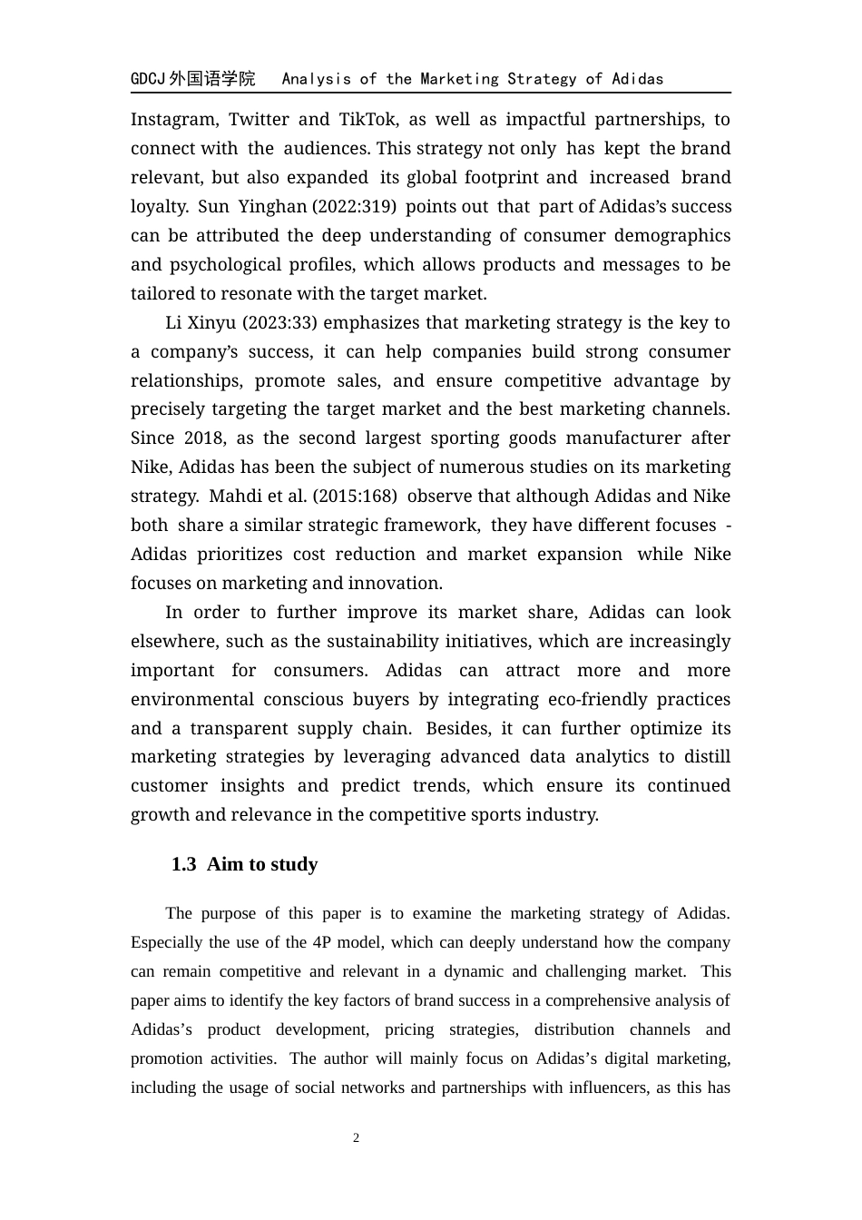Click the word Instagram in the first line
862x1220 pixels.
coord(174,120)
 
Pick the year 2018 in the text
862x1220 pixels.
coord(203,438)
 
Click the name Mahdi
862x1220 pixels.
coord(234,497)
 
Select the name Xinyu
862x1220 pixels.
coord(213,323)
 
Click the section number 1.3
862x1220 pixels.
coord(183,864)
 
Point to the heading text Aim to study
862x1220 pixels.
coord(262,864)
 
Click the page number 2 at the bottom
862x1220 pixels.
coord(357,1138)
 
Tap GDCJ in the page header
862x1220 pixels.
coord(148,79)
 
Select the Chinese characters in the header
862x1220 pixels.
coord(212,79)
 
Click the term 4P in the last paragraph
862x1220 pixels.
coord(323,942)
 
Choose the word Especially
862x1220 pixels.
coord(167,942)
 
